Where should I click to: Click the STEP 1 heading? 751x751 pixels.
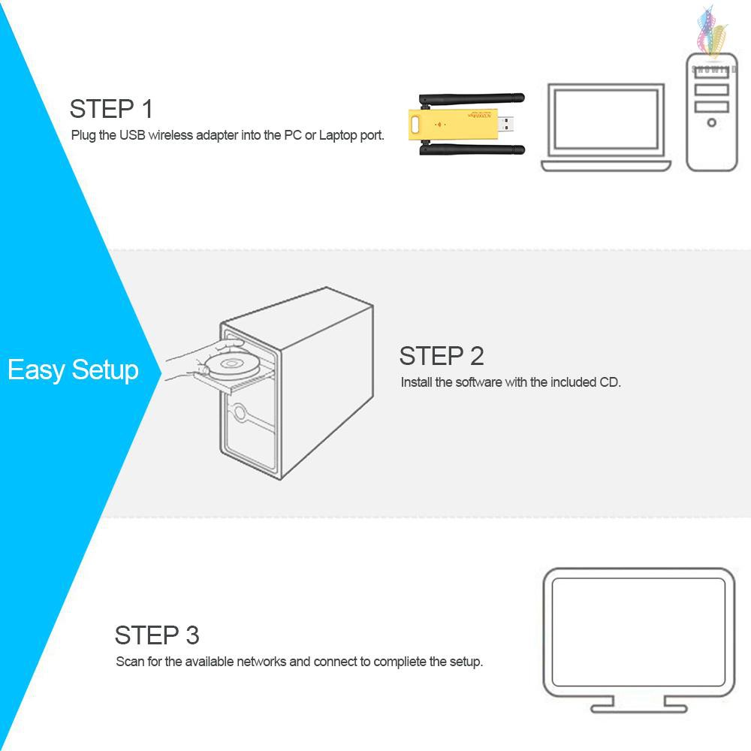(x=111, y=109)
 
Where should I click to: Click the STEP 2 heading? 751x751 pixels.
(x=442, y=355)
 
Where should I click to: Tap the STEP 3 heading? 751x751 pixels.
(x=157, y=635)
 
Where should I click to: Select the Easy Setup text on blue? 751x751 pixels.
(x=73, y=370)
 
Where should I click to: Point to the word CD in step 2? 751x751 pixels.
(x=609, y=382)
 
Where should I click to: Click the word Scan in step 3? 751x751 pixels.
(x=128, y=662)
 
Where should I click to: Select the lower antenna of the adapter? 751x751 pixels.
(x=473, y=149)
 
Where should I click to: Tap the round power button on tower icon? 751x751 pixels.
(x=711, y=122)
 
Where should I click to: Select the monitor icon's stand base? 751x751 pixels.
(x=638, y=707)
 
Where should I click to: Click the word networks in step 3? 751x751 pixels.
(x=262, y=662)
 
